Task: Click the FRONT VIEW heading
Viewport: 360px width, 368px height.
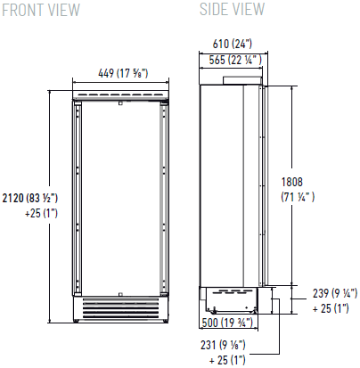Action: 41,10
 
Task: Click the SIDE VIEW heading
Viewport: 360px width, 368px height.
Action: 232,9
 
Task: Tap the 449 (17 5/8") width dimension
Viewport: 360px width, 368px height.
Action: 123,73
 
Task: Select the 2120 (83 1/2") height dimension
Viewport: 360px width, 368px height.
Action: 30,198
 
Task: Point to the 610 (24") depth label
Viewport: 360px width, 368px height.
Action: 233,44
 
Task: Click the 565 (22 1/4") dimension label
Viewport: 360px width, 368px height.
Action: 235,60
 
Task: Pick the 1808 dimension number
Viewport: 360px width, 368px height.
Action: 292,182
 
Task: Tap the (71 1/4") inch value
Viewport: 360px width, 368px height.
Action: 298,197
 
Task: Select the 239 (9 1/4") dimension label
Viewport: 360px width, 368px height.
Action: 335,293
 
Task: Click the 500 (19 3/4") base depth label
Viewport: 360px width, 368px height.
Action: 227,323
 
